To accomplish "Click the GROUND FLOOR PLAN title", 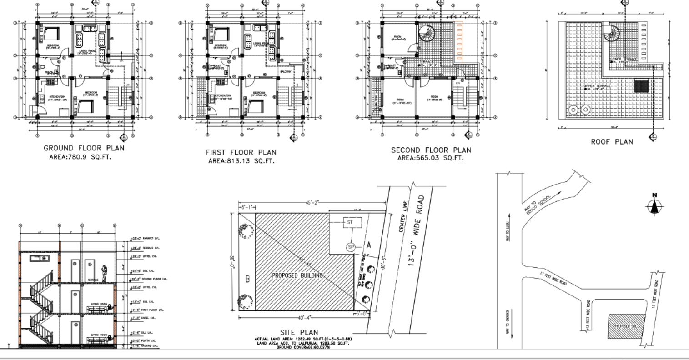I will pyautogui.click(x=84, y=148).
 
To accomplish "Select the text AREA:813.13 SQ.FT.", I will pyautogui.click(x=241, y=160).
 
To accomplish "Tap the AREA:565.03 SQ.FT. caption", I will pyautogui.click(x=430, y=158).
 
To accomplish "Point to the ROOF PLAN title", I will pyautogui.click(x=612, y=142).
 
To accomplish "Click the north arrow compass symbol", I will pyautogui.click(x=654, y=205).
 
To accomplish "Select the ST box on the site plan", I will pyautogui.click(x=352, y=223).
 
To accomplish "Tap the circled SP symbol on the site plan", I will pyautogui.click(x=351, y=247).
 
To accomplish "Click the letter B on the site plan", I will pyautogui.click(x=247, y=279).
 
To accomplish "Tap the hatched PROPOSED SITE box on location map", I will pyautogui.click(x=626, y=325).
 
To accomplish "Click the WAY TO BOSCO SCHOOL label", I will pyautogui.click(x=538, y=205).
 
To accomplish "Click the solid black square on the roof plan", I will pyautogui.click(x=641, y=86).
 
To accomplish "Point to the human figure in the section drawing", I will pyautogui.click(x=104, y=273).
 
